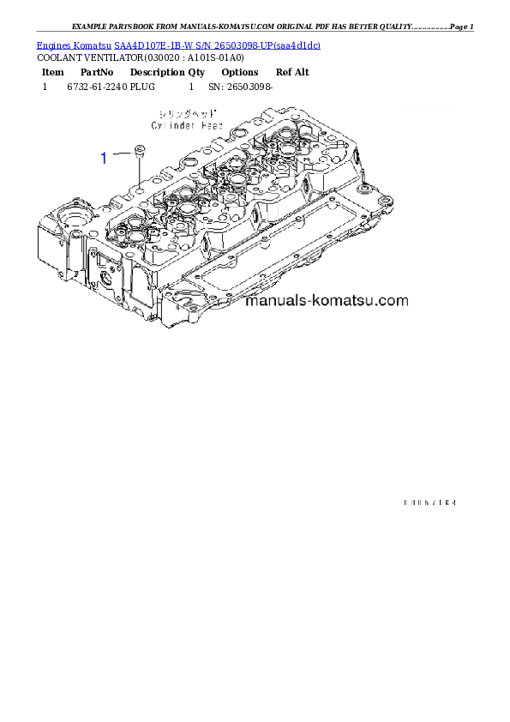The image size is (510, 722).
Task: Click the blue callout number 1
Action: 104,158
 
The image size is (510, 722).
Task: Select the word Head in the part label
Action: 212,125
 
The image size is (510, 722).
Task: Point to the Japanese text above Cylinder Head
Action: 188,114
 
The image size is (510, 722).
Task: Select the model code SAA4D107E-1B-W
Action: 154,45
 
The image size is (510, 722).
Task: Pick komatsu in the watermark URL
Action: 346,301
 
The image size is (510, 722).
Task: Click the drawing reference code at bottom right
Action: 428,502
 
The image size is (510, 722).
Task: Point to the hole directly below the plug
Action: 139,182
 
